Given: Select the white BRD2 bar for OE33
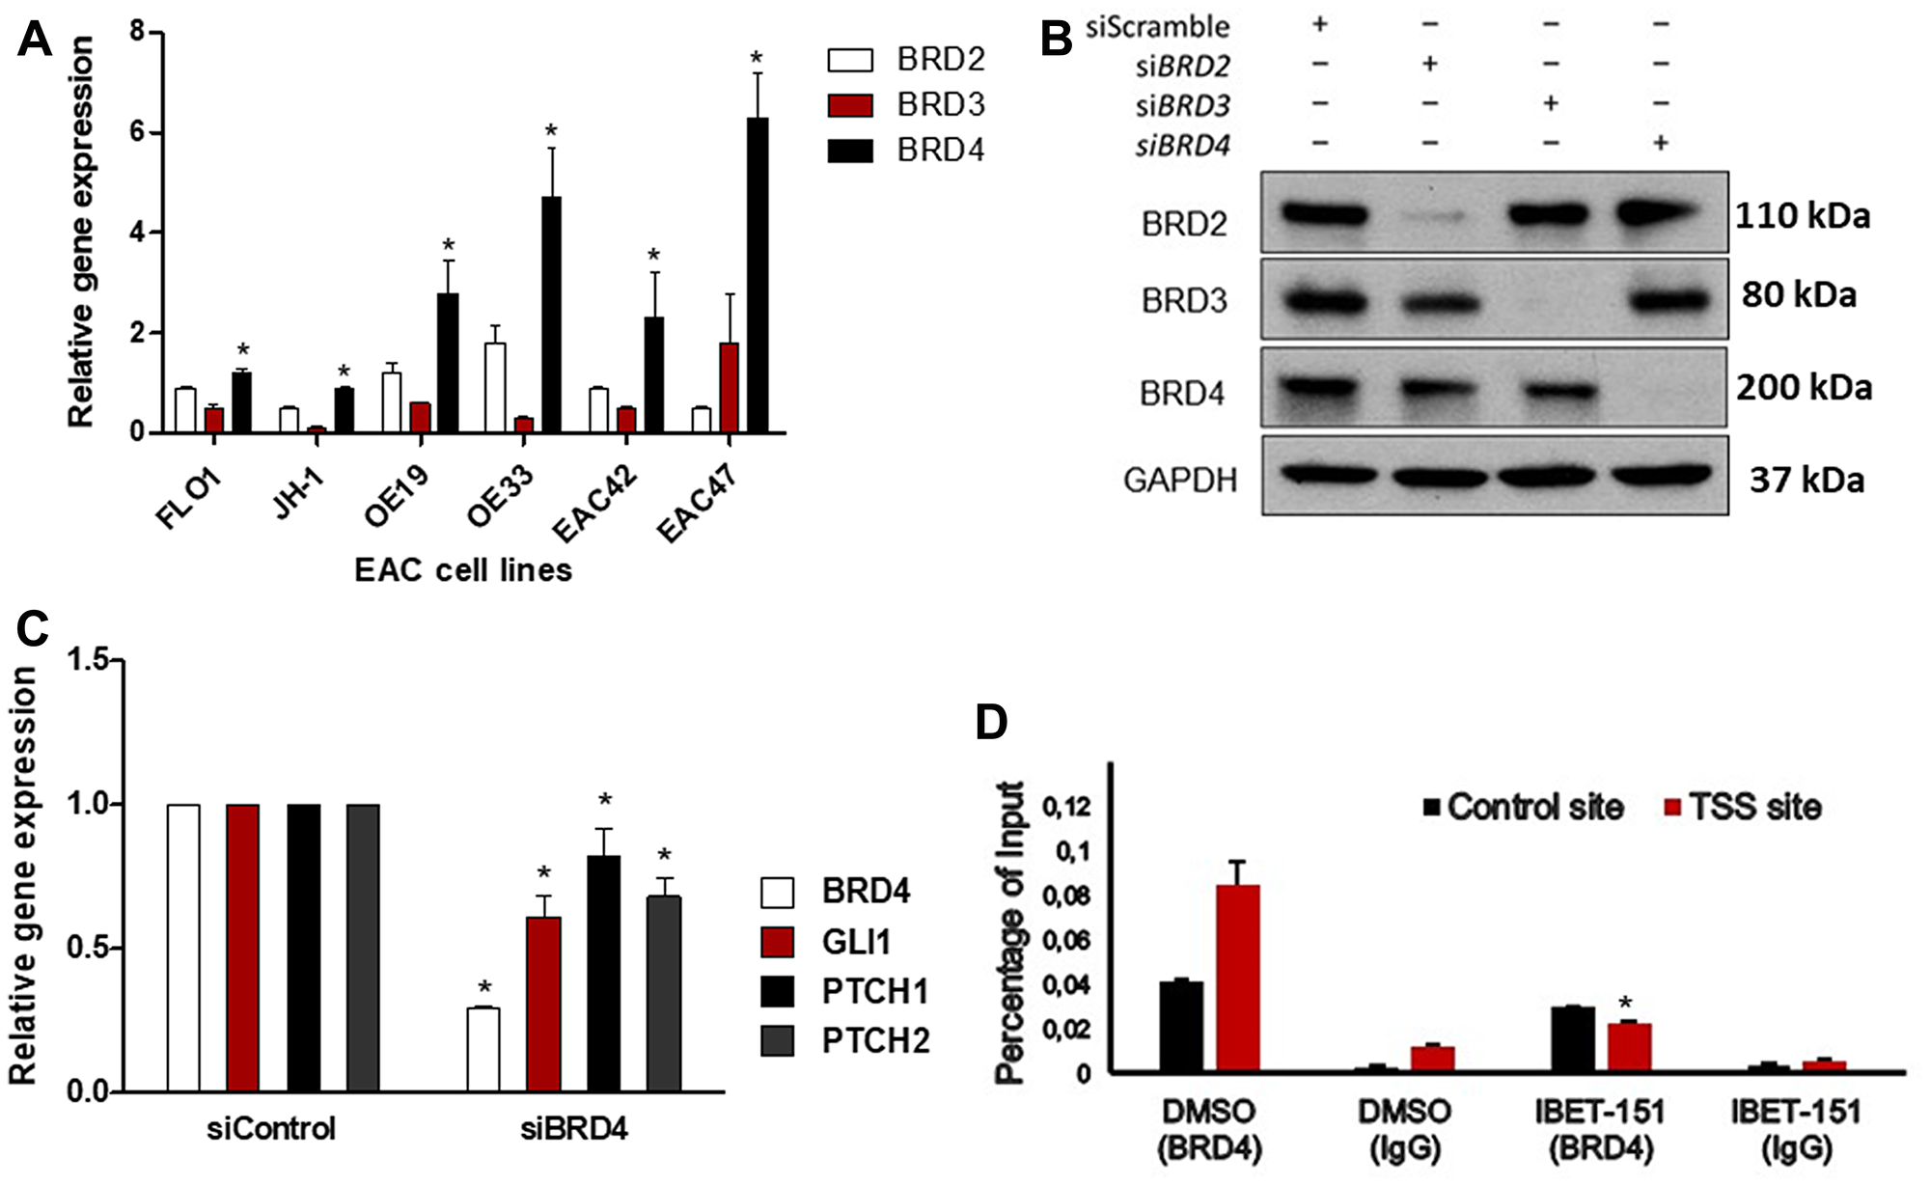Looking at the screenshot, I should pyautogui.click(x=495, y=387).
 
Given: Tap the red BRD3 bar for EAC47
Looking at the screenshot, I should pyautogui.click(x=729, y=387).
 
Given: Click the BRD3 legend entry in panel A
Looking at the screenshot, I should pyautogui.click(x=906, y=104).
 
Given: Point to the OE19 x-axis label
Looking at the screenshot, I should pyautogui.click(x=397, y=494).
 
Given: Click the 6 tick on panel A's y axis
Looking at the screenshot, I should pyautogui.click(x=138, y=132).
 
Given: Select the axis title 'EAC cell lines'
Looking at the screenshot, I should pyautogui.click(x=463, y=570).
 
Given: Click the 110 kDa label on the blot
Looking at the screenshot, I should pyautogui.click(x=1802, y=215).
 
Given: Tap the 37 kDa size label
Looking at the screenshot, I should pyautogui.click(x=1806, y=480).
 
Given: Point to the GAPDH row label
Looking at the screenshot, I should pyautogui.click(x=1179, y=480).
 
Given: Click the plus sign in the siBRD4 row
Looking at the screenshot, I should pyautogui.click(x=1660, y=144).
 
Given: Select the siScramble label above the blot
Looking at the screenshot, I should pyautogui.click(x=1157, y=26).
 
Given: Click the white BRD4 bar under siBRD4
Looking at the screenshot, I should pyautogui.click(x=483, y=1049).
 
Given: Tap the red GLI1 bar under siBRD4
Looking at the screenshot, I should pyautogui.click(x=543, y=1004).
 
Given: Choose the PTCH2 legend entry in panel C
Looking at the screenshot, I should pyautogui.click(x=845, y=1041).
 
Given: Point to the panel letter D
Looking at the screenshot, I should pyautogui.click(x=992, y=722).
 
